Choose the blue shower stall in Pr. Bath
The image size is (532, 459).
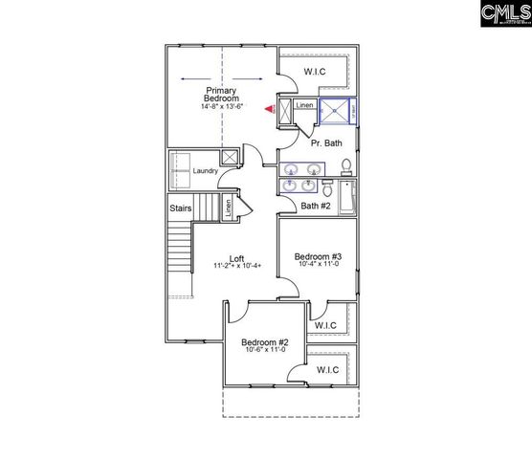pyautogui.click(x=334, y=112)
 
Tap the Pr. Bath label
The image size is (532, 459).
pyautogui.click(x=326, y=142)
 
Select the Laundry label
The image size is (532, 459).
pyautogui.click(x=205, y=171)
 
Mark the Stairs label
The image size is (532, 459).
pyautogui.click(x=181, y=208)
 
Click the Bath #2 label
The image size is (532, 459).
pyautogui.click(x=316, y=205)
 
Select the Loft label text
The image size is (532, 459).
pyautogui.click(x=235, y=259)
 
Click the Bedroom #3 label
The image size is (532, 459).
pyautogui.click(x=317, y=256)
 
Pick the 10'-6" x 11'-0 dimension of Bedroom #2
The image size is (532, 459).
pyautogui.click(x=265, y=352)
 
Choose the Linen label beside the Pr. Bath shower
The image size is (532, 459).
pyautogui.click(x=304, y=105)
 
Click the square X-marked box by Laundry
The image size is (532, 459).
pyautogui.click(x=230, y=159)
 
